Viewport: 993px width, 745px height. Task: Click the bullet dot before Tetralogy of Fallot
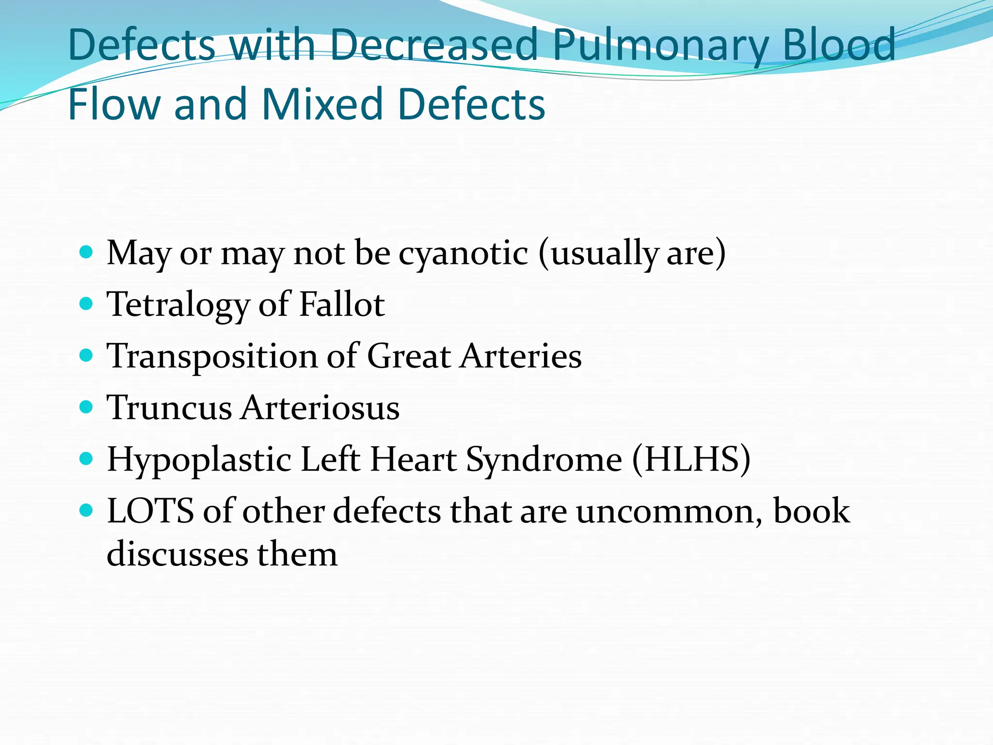pyautogui.click(x=86, y=304)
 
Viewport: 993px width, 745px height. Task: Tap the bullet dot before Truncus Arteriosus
pyautogui.click(x=86, y=407)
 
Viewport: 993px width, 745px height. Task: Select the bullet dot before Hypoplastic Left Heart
pyautogui.click(x=86, y=459)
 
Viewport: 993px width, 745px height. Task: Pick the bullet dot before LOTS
pyautogui.click(x=86, y=510)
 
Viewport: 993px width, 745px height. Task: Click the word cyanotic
pyautogui.click(x=463, y=253)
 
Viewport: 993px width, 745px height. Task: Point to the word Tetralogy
pyautogui.click(x=178, y=305)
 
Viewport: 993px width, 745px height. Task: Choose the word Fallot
pyautogui.click(x=342, y=304)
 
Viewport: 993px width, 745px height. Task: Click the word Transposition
pyautogui.click(x=212, y=356)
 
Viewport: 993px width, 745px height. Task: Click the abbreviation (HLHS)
pyautogui.click(x=691, y=459)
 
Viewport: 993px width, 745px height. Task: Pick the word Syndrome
pyautogui.click(x=544, y=460)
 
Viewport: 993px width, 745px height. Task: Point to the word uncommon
pyautogui.click(x=669, y=511)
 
